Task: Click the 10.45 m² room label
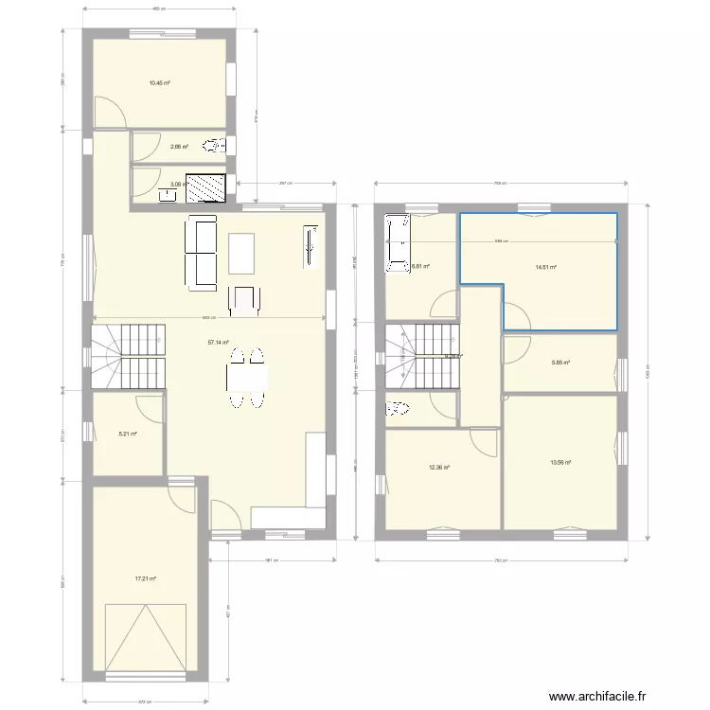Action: [x=159, y=83]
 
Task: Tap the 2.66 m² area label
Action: [x=179, y=147]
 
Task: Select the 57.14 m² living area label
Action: [x=218, y=343]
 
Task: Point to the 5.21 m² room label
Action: [x=127, y=435]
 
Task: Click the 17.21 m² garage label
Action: [x=145, y=578]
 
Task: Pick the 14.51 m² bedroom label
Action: [x=545, y=267]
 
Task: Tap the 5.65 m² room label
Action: [x=560, y=362]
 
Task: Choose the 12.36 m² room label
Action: [x=438, y=467]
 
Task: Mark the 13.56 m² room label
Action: [x=560, y=462]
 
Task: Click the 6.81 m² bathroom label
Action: [x=420, y=267]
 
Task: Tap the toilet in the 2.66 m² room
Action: [x=217, y=146]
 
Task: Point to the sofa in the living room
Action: [x=203, y=252]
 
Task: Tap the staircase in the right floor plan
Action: [x=421, y=356]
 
